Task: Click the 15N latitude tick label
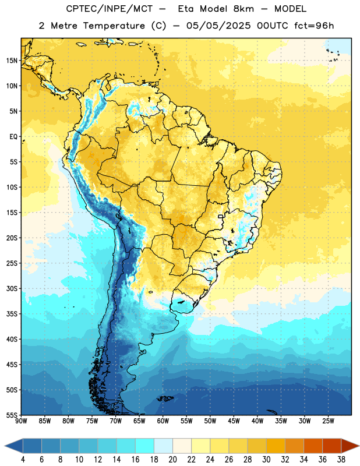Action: (x=12, y=61)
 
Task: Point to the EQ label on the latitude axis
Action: (x=13, y=137)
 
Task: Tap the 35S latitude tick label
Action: (x=12, y=314)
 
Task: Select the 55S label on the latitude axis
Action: (x=12, y=415)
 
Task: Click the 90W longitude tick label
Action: (x=21, y=421)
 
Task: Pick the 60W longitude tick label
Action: (x=163, y=421)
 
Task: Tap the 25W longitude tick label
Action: (x=328, y=421)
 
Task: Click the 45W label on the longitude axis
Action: (x=234, y=421)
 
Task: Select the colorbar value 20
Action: (x=172, y=460)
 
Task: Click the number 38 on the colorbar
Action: (x=341, y=460)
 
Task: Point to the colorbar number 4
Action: (x=23, y=460)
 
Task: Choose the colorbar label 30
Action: (x=266, y=460)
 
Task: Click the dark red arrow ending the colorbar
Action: (x=350, y=446)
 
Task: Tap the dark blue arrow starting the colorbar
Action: (x=14, y=446)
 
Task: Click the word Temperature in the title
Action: (x=114, y=26)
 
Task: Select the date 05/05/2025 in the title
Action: (x=218, y=26)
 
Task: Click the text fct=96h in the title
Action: (x=314, y=26)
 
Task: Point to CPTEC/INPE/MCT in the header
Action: (x=110, y=9)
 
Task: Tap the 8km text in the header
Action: (x=243, y=9)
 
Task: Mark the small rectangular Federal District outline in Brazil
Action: (x=221, y=216)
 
